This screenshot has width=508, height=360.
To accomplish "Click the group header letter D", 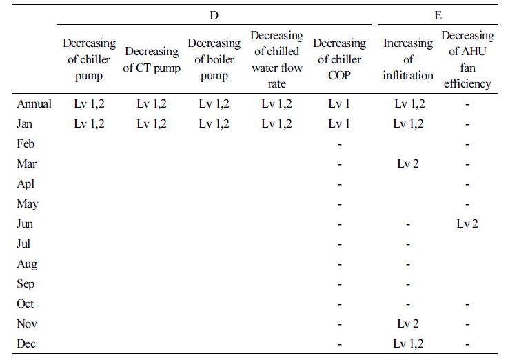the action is [214, 15].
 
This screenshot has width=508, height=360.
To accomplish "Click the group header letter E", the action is [438, 15].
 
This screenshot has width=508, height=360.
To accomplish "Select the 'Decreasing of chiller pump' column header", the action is [89, 59].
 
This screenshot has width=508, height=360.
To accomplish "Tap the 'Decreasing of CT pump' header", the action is [152, 59].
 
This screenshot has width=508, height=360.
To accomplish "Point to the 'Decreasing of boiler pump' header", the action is [214, 59].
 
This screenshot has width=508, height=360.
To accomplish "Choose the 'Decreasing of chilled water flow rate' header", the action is [276, 59].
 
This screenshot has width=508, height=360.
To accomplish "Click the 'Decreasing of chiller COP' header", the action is [339, 59].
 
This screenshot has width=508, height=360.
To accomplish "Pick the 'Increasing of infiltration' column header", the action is [408, 59].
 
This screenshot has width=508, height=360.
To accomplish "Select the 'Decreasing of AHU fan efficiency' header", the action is [467, 59].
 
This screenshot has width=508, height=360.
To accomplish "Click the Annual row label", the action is [34, 103].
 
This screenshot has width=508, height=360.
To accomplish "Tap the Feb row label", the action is [26, 143].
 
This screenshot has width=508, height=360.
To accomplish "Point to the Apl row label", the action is [26, 184].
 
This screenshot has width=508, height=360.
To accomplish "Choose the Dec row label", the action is [26, 343].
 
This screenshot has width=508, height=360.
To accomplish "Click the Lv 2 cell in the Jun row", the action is [467, 223].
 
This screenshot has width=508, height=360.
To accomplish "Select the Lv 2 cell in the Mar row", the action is [408, 163].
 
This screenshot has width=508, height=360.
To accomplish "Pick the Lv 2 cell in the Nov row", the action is [408, 323].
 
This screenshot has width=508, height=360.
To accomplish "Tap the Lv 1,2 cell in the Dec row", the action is [408, 343].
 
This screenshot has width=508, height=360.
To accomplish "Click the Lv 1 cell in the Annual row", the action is [339, 103].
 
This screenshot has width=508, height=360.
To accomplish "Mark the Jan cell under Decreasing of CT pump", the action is [152, 123].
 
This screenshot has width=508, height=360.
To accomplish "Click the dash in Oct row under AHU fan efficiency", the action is [467, 305].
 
